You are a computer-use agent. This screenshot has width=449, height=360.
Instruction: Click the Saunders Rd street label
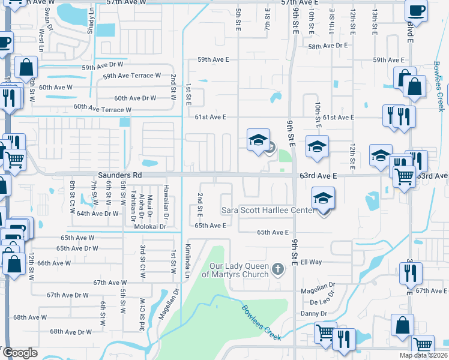point(120,175)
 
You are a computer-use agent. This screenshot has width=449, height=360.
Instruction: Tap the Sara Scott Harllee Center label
point(268,210)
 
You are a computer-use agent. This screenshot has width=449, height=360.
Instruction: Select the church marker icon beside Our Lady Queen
point(277,269)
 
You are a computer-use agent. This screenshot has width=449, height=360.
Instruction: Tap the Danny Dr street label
point(314,313)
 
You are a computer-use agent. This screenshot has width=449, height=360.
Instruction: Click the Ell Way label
point(312,262)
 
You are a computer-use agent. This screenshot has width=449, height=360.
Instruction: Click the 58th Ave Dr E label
point(328,46)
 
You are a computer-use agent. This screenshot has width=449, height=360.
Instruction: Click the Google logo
point(20,353)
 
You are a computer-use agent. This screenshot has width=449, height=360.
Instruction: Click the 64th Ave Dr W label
point(97,213)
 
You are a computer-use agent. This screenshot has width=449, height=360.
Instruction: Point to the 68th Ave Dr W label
point(71,331)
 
